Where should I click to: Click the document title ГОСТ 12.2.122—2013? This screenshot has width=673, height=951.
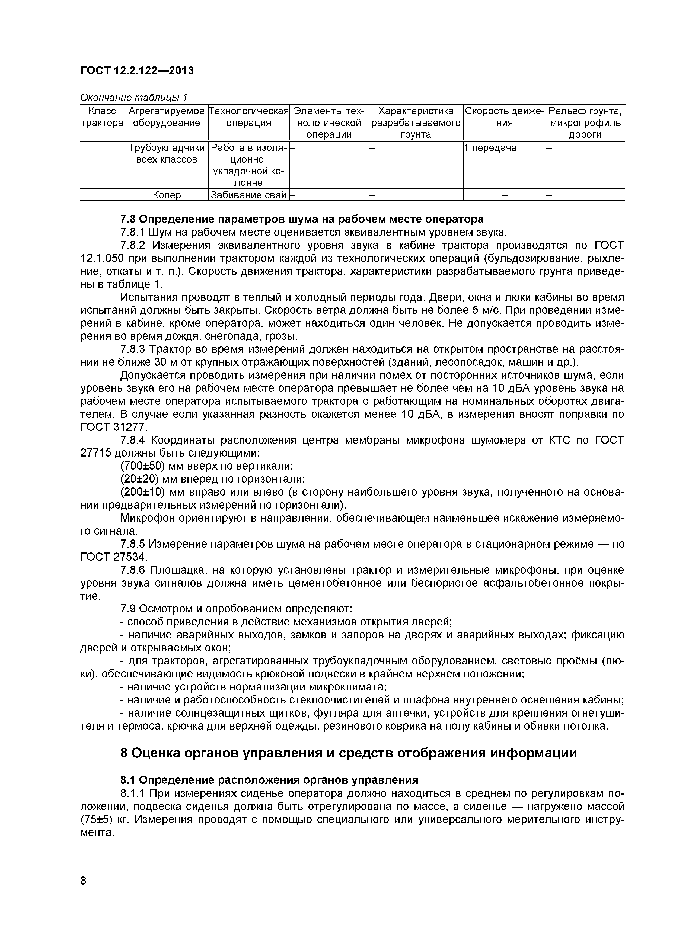pos(137,71)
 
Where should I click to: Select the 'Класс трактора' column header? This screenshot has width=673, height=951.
pos(102,117)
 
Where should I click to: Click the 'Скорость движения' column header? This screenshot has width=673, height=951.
pos(504,117)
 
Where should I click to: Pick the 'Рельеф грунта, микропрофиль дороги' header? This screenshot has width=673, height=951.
pos(585,122)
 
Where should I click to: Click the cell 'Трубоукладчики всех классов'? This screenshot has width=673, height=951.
pos(167,154)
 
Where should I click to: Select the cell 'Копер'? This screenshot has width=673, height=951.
pos(167,195)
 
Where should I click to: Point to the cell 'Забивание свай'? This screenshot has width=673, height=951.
pos(249,195)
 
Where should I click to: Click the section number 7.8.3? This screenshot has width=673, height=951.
pos(133,349)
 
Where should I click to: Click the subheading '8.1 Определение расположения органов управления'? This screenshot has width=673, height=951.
pos(269,780)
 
